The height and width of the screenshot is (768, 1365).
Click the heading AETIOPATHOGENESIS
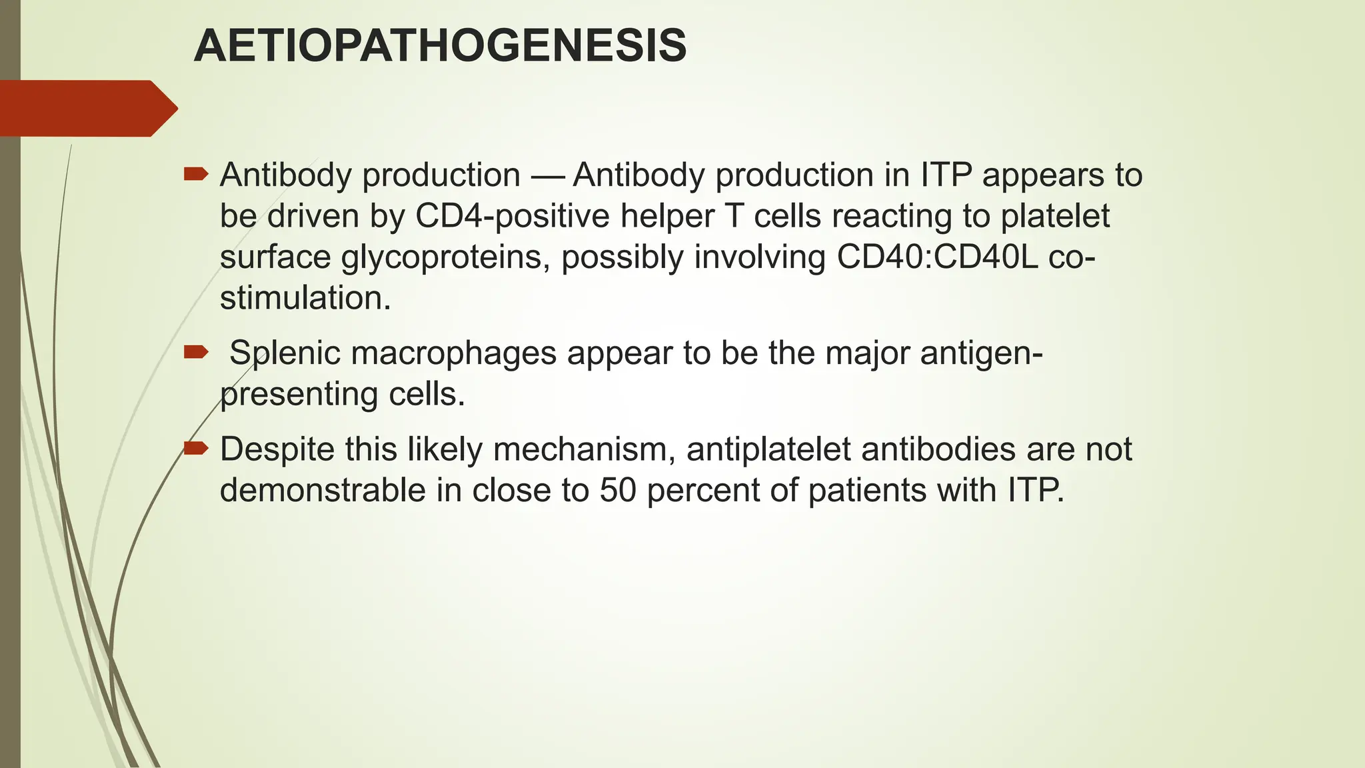[440, 47]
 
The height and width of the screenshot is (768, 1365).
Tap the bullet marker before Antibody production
[195, 175]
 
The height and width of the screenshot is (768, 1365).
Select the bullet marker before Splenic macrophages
[195, 352]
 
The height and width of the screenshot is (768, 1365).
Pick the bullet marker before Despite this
[195, 448]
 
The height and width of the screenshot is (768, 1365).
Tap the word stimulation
[305, 298]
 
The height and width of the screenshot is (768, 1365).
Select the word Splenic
[285, 353]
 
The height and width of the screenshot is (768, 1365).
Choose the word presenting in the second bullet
[299, 395]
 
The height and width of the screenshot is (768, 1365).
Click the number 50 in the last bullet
[618, 491]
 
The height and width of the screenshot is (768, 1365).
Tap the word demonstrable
[323, 491]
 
